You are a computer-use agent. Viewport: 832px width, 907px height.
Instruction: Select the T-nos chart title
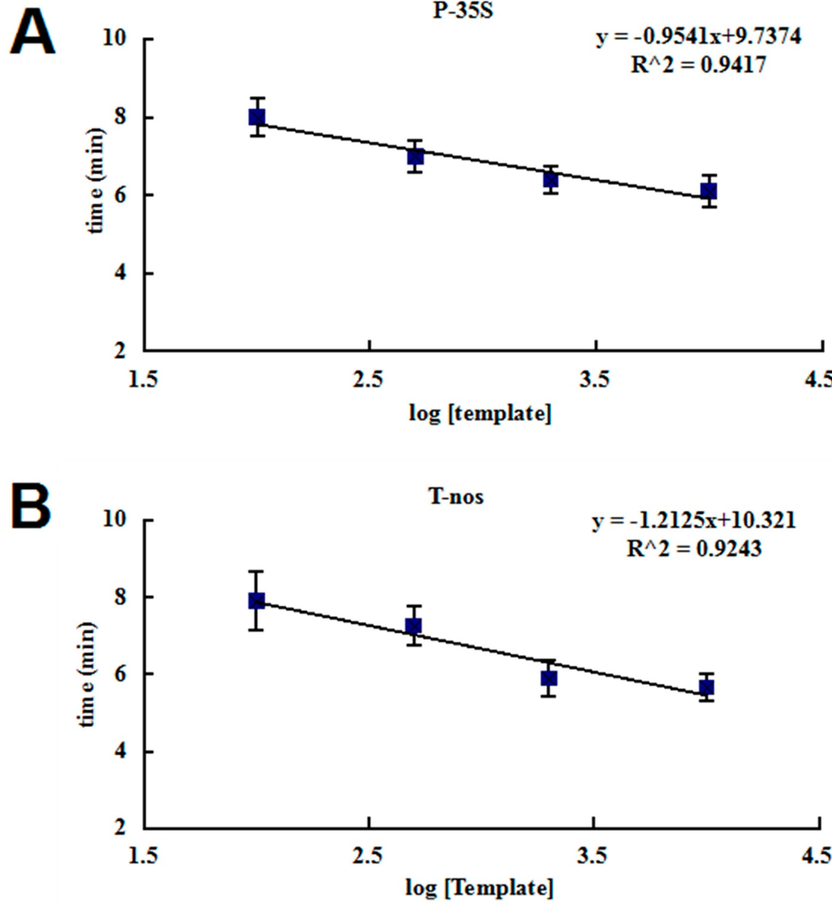(460, 496)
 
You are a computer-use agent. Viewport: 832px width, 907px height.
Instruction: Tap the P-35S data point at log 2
(257, 117)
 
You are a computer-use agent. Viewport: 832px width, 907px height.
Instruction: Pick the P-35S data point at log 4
(708, 191)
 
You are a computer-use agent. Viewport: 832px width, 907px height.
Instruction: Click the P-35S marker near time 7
(415, 156)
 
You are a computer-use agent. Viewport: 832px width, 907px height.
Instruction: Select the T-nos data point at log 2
(257, 601)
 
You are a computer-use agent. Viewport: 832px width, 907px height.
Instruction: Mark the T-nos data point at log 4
(706, 688)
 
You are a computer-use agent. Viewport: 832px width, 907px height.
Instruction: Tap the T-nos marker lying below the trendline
(549, 678)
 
